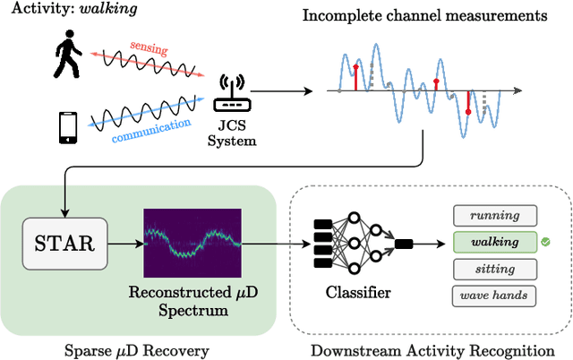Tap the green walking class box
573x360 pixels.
tap(494, 242)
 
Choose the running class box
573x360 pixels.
tap(494, 216)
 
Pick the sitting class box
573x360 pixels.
tap(494, 269)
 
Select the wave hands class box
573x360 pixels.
tap(494, 296)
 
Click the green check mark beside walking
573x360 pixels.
tap(545, 242)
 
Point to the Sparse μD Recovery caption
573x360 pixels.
tap(134, 347)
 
